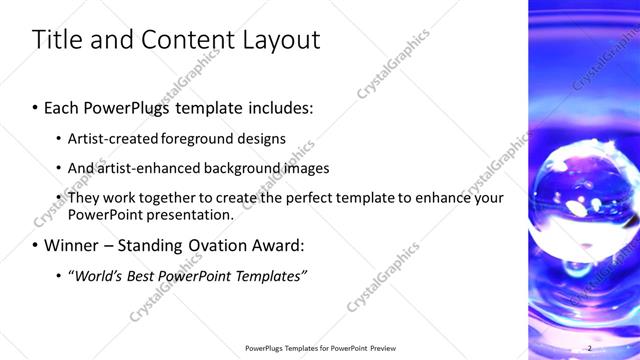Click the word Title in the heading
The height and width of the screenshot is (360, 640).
[x=56, y=40]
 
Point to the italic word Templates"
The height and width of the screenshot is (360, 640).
[x=270, y=275]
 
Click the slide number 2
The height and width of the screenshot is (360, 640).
[x=590, y=348]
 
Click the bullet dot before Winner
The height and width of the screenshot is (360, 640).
[x=36, y=246]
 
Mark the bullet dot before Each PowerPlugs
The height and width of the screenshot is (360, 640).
[x=36, y=107]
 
